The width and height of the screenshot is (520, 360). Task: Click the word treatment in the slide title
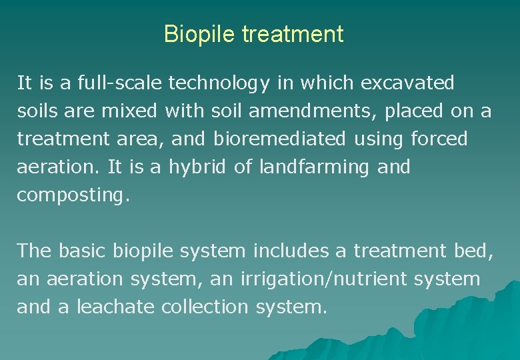(x=293, y=34)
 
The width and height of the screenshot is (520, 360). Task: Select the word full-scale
(x=121, y=83)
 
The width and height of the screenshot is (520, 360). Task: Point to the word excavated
(x=407, y=83)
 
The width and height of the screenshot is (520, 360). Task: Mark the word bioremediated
(x=280, y=139)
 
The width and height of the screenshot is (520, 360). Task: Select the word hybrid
(x=197, y=167)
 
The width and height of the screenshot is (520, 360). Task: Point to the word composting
(x=69, y=195)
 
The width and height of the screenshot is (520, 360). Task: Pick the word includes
(x=290, y=251)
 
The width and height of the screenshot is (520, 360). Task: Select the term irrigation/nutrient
(x=325, y=279)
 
